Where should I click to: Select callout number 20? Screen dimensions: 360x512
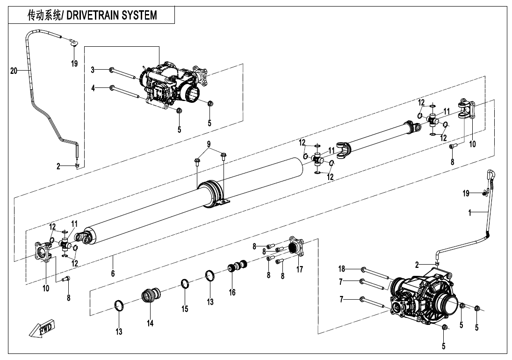pyautogui.click(x=14, y=71)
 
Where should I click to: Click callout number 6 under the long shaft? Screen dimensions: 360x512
pyautogui.click(x=113, y=274)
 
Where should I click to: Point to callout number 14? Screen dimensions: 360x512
pyautogui.click(x=150, y=323)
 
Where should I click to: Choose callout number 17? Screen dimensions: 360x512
pyautogui.click(x=300, y=269)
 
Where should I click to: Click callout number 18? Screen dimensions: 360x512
pyautogui.click(x=342, y=268)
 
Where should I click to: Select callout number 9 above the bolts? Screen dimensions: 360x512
pyautogui.click(x=209, y=143)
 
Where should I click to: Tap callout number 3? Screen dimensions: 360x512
pyautogui.click(x=93, y=70)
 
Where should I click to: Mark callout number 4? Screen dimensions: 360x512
pyautogui.click(x=93, y=87)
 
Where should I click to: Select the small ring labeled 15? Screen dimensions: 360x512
pyautogui.click(x=186, y=284)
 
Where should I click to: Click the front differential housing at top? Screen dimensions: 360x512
pyautogui.click(x=171, y=84)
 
